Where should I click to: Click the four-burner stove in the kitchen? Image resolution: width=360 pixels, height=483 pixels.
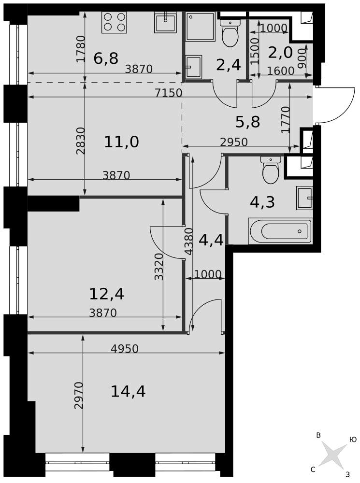[x=114, y=22]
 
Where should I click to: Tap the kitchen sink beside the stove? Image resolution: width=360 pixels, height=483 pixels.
[x=166, y=22]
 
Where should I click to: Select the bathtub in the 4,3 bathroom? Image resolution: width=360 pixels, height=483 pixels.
[x=280, y=231]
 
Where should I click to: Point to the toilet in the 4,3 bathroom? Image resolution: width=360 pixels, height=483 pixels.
[x=271, y=170]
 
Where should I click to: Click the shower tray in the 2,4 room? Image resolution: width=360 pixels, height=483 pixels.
[x=200, y=27]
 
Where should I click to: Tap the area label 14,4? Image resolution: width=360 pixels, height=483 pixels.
[x=128, y=392]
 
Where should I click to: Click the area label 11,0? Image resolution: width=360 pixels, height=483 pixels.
[x=121, y=142]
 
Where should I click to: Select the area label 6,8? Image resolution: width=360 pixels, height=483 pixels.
[x=106, y=58]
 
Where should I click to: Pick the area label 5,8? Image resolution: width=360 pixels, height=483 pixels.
[x=247, y=122]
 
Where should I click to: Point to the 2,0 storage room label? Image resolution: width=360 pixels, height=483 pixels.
[x=280, y=53]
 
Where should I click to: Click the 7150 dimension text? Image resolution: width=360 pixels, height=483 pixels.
[x=169, y=92]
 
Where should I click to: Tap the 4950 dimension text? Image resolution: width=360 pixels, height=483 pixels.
[x=125, y=348]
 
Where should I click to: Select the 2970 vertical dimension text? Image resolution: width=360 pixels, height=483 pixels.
[x=79, y=395]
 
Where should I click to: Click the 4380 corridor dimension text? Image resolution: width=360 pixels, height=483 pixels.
[x=188, y=241]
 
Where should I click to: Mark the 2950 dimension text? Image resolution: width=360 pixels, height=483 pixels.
[x=233, y=142]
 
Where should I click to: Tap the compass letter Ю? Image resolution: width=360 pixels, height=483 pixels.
[x=353, y=440]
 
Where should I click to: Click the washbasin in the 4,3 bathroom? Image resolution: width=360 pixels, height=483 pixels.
[x=304, y=198]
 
